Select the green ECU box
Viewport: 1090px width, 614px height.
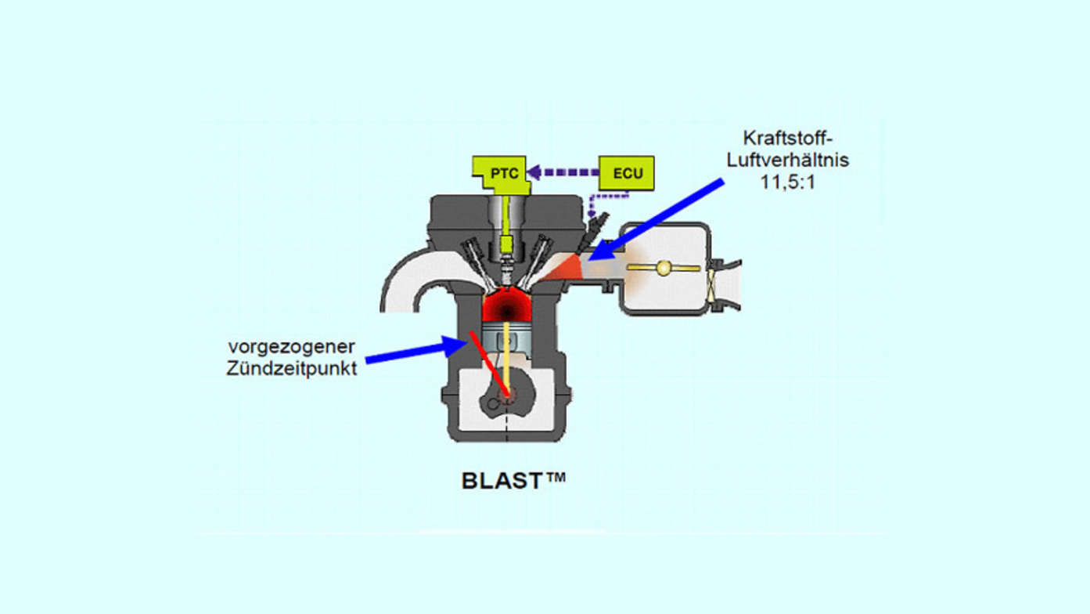click(x=627, y=173)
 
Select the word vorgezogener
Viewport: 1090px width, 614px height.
click(x=291, y=346)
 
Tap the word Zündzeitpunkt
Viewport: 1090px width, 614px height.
click(x=291, y=367)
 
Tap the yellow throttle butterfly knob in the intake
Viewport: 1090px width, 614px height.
click(x=664, y=268)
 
